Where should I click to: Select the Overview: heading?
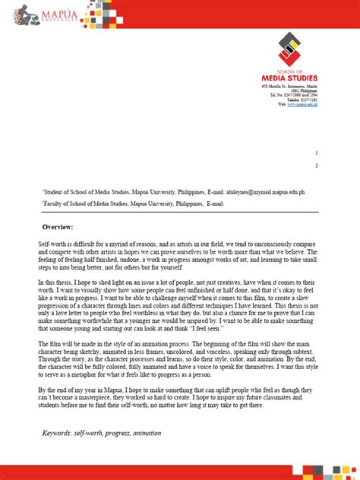(57, 227)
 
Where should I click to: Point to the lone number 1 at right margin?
(317, 153)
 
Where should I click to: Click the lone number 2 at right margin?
(317, 166)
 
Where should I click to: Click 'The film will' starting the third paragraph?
(57, 344)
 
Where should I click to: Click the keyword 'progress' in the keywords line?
(113, 434)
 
